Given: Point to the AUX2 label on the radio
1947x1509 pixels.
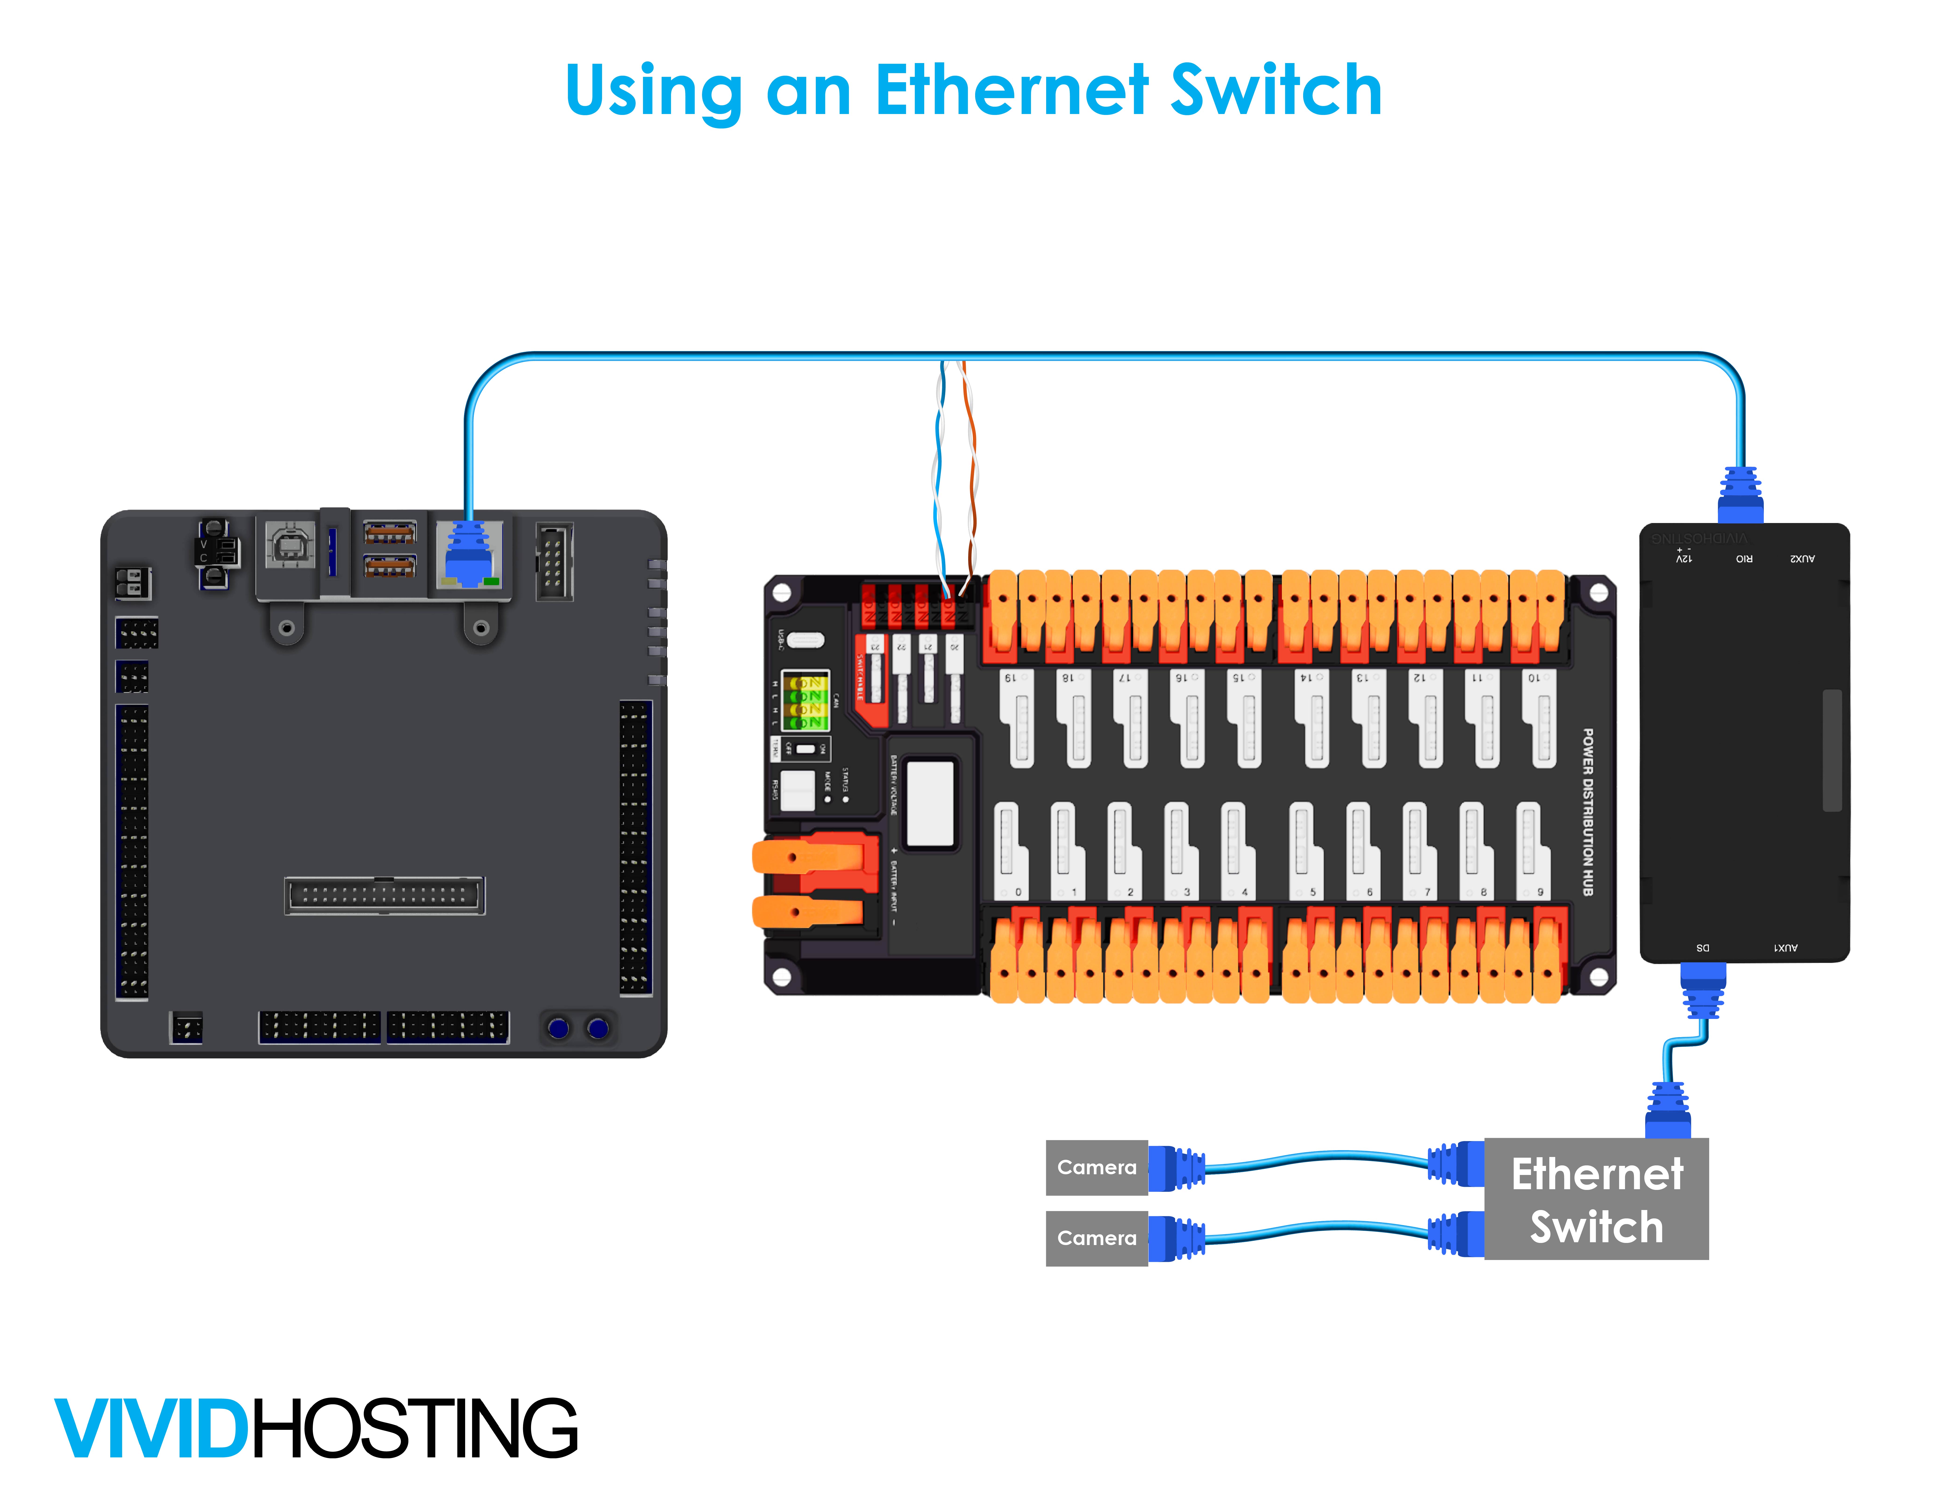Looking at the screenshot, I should click(1802, 559).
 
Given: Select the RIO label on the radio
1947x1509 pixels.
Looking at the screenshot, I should click(1743, 559).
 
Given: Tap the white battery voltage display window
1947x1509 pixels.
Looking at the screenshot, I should click(930, 802).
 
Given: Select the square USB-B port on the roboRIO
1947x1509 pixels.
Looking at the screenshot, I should click(290, 544).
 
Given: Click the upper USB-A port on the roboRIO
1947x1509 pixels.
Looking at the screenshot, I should click(390, 533).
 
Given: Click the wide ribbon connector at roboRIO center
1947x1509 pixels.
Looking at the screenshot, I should click(384, 895).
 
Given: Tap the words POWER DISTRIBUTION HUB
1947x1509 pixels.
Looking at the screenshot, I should click(1588, 811).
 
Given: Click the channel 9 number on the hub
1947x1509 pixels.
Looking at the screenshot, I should click(1540, 891).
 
